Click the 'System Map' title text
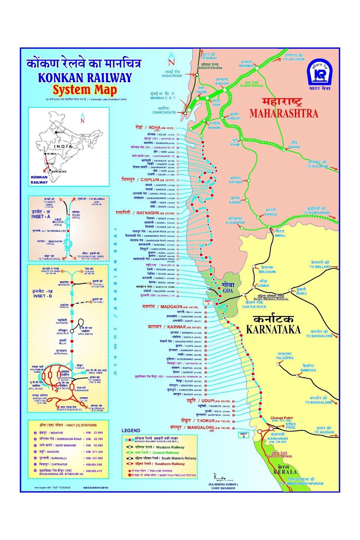click(84, 90)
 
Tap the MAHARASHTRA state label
click(284, 113)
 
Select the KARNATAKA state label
click(273, 329)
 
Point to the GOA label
click(228, 291)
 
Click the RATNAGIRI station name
click(148, 213)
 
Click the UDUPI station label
click(208, 401)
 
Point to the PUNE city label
click(235, 144)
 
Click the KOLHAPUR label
click(235, 223)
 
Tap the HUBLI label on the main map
click(301, 293)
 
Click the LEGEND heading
click(131, 431)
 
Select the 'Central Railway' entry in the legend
click(165, 453)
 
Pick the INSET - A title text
click(41, 217)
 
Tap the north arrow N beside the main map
click(172, 62)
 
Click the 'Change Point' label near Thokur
click(281, 418)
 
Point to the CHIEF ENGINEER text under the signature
click(223, 488)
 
